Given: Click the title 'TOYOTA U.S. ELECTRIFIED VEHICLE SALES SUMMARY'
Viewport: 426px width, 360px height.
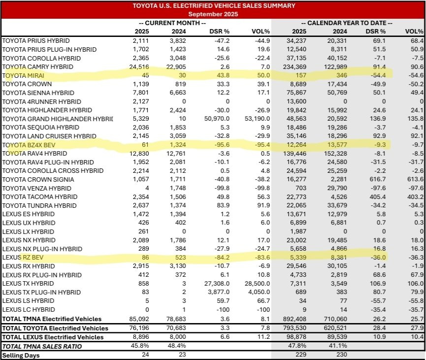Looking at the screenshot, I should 213,6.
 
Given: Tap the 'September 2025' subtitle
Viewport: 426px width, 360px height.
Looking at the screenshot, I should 213,14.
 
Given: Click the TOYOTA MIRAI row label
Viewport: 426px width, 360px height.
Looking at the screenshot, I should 23,75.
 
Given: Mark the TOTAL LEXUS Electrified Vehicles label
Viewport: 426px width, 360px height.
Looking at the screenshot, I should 54,337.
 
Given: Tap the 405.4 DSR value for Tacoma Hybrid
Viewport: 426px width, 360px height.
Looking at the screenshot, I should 377,197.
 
